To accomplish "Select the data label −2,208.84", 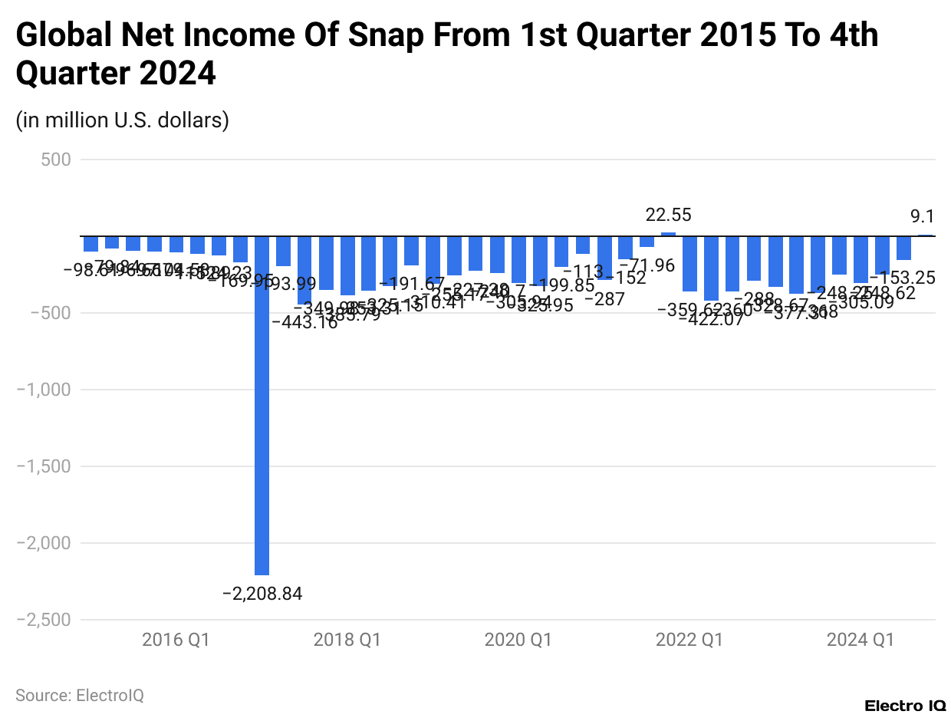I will (262, 594).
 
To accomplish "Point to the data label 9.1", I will (922, 217).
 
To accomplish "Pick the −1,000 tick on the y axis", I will (44, 390).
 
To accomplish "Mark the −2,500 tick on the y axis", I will (44, 620).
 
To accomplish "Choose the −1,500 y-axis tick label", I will (44, 466).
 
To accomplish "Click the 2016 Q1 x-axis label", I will (176, 640).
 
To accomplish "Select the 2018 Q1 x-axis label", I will (347, 640).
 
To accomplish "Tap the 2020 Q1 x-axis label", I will (518, 640).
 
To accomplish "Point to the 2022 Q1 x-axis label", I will (689, 640).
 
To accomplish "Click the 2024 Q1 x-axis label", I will (860, 640).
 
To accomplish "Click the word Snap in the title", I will (384, 35).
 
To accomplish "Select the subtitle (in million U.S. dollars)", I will (123, 120).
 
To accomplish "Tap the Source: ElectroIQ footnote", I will (80, 696).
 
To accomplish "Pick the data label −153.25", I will (913, 278).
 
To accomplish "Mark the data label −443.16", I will (304, 323).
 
